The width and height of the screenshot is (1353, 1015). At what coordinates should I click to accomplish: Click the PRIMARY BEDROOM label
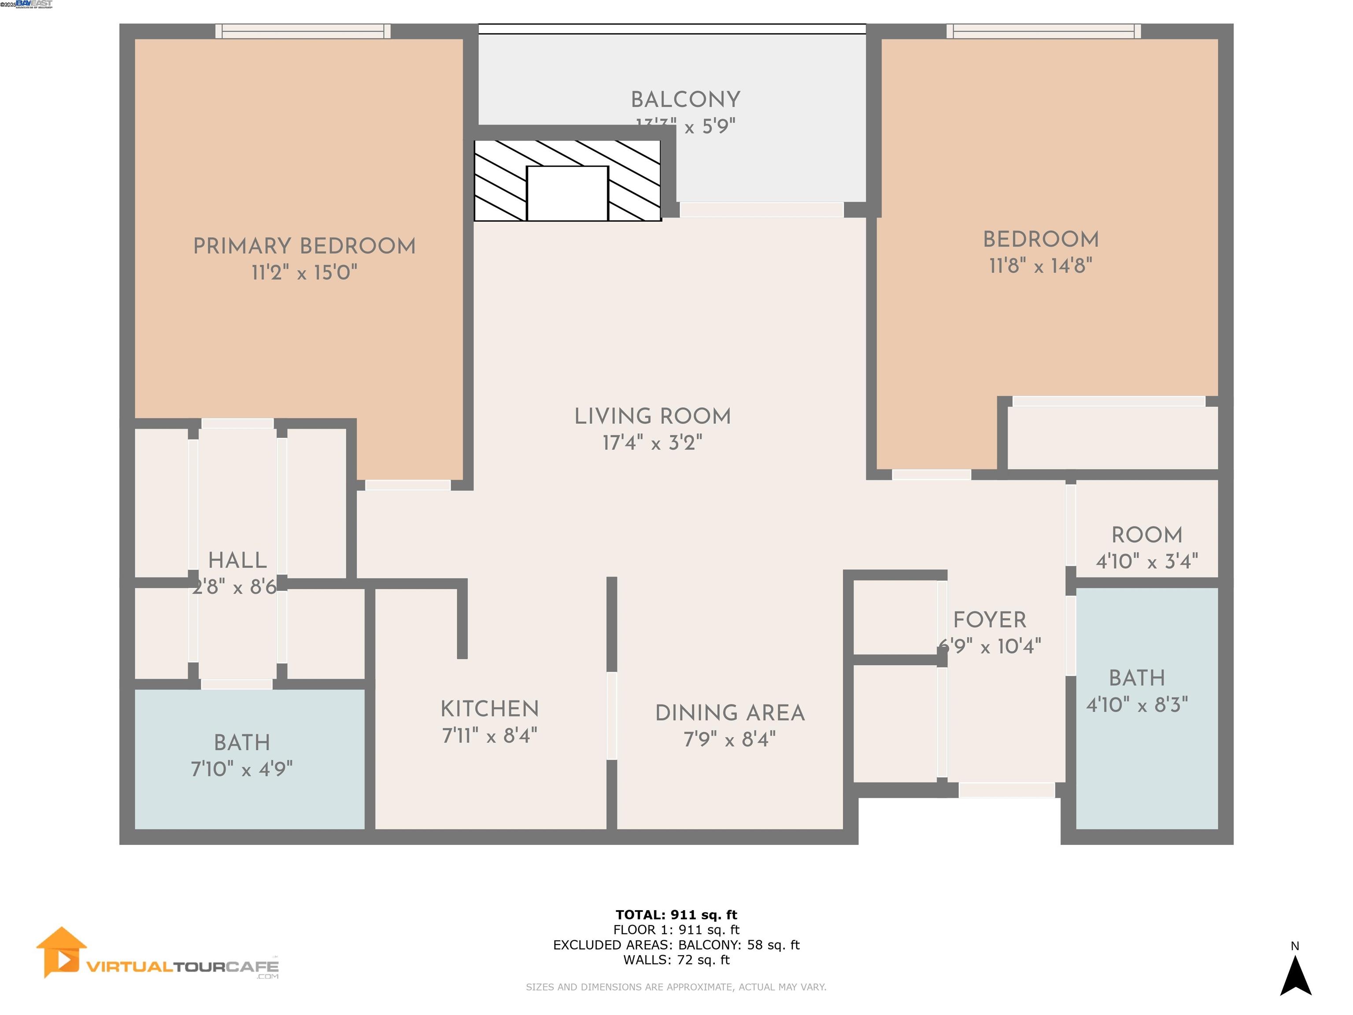tap(304, 246)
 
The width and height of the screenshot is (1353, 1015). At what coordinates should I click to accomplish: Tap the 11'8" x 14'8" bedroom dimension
tap(1040, 266)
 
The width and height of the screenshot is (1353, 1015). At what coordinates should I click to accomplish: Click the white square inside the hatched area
tap(567, 193)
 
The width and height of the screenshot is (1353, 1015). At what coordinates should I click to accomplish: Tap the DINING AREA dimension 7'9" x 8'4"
tap(729, 740)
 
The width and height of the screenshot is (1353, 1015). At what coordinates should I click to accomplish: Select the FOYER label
tap(989, 620)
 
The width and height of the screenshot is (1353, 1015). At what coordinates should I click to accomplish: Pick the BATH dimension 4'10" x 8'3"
tap(1136, 705)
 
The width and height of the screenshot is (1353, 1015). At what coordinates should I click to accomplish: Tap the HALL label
tap(237, 560)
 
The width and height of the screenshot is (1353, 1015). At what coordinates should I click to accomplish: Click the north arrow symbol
tap(1295, 976)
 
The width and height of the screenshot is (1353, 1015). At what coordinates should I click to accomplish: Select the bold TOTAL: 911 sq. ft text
tap(676, 915)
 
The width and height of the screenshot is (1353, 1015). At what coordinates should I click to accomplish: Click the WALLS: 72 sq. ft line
tap(676, 960)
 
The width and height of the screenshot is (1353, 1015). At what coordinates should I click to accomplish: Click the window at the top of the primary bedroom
tap(303, 31)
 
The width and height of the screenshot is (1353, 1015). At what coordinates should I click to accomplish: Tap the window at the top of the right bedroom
tap(1043, 31)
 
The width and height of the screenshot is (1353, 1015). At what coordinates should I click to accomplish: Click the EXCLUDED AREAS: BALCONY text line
tap(676, 945)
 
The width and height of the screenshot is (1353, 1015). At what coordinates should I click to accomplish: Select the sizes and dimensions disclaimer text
tap(676, 987)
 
